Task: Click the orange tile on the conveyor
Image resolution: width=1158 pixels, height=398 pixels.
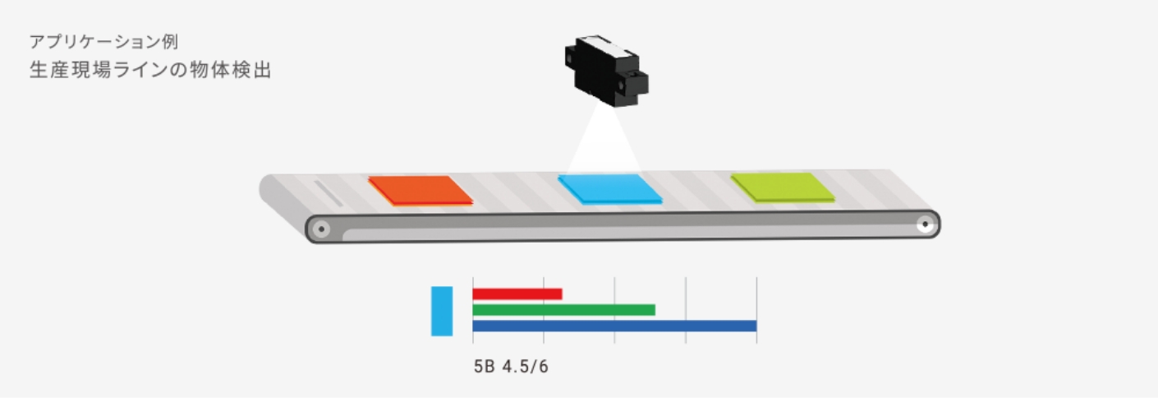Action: [420, 191]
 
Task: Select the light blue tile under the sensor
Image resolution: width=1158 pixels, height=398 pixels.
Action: [610, 189]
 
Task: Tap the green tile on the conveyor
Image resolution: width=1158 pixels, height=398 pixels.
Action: [783, 187]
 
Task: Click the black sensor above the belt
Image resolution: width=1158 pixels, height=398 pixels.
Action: [606, 71]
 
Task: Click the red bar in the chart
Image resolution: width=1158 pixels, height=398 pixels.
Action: [517, 294]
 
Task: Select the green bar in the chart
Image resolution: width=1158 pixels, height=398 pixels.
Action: [564, 310]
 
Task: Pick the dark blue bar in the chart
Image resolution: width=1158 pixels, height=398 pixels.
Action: [614, 326]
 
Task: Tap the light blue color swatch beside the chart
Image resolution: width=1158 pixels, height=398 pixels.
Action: [442, 311]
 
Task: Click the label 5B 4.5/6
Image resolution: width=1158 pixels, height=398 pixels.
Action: [511, 367]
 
